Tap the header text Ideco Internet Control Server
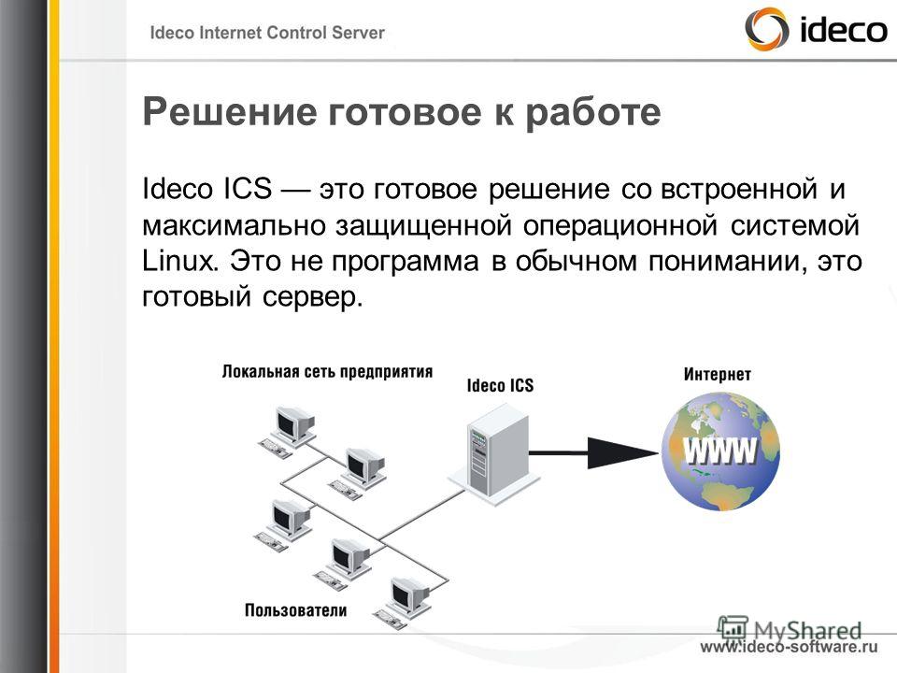266,33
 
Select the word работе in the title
592,113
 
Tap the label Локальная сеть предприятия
327,372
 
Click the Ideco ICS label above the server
500,386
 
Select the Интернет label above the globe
717,374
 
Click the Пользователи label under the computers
296,610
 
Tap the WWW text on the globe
720,451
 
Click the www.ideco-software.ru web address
789,647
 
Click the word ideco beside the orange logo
842,29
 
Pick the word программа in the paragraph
405,262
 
